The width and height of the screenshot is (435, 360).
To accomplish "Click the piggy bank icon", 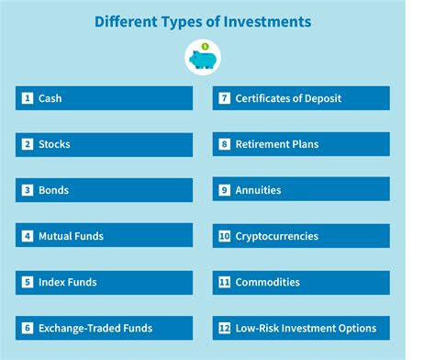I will [203, 59].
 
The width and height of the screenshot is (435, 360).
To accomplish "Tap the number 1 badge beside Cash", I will [28, 98].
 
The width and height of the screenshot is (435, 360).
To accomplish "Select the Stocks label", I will [54, 144].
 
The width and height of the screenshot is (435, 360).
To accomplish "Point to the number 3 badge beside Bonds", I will [28, 190].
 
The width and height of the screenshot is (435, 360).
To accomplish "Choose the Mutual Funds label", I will [71, 236].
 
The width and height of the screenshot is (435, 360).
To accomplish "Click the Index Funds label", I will [67, 282].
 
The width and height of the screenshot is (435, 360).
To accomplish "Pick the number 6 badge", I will [28, 328].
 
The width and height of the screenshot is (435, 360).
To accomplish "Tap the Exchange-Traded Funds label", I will [95, 328].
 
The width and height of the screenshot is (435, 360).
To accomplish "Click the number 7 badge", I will [224, 98].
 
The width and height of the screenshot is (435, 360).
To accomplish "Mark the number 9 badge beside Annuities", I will [224, 190].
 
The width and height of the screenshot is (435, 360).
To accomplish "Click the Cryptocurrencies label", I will [276, 236].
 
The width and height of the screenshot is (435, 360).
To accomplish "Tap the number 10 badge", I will [224, 236].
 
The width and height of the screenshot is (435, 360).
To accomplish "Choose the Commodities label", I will [269, 282].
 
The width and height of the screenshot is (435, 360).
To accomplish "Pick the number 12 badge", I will [224, 328].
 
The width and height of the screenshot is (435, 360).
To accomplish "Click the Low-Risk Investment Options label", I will [306, 328].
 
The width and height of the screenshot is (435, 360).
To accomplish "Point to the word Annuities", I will [259, 190].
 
